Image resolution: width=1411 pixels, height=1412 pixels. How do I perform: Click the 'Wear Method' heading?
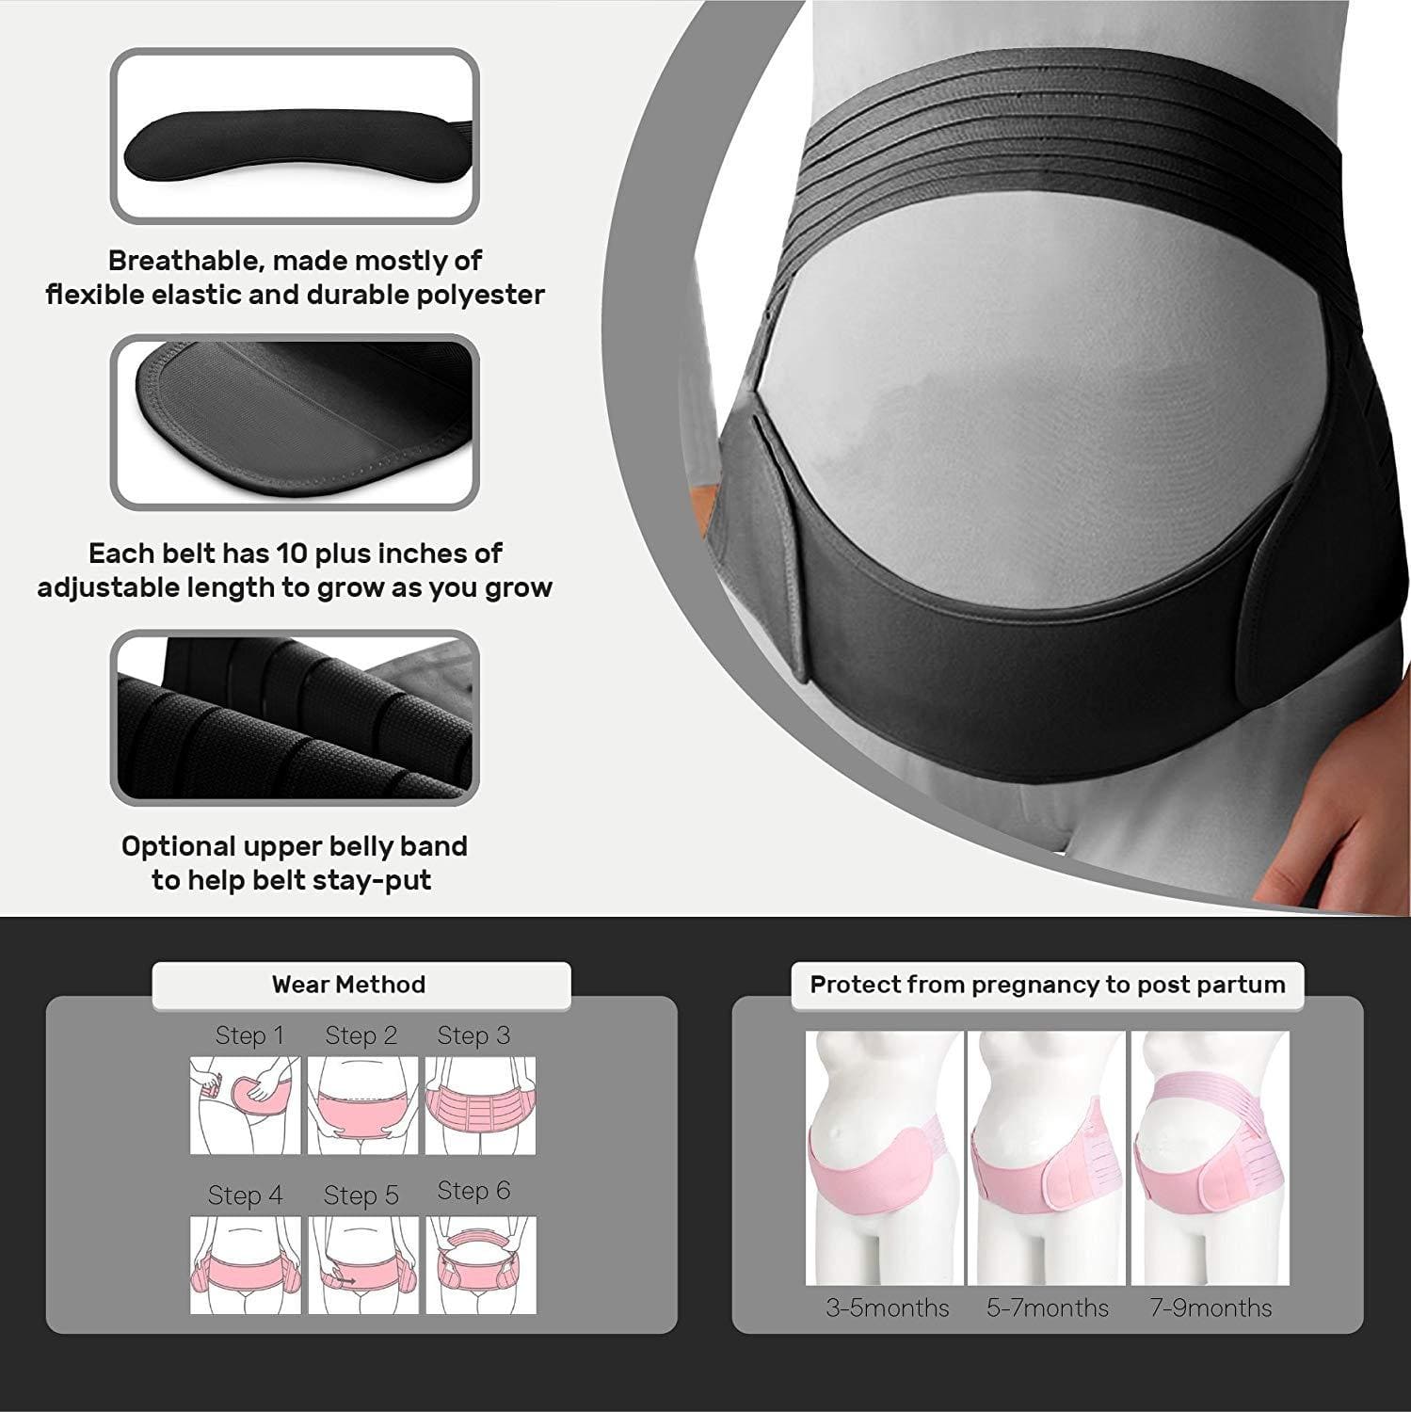pyautogui.click(x=348, y=985)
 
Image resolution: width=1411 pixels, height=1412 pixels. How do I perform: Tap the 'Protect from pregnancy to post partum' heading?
pyautogui.click(x=1047, y=985)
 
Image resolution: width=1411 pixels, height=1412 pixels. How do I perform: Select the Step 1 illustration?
pyautogui.click(x=245, y=1105)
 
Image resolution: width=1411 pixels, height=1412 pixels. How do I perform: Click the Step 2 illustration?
pyautogui.click(x=362, y=1105)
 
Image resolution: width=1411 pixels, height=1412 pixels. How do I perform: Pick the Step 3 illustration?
pyautogui.click(x=480, y=1105)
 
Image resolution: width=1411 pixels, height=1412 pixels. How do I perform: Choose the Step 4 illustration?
pyautogui.click(x=245, y=1264)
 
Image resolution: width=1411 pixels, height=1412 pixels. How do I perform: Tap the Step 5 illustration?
pyautogui.click(x=362, y=1264)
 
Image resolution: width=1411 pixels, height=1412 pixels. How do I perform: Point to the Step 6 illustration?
pyautogui.click(x=480, y=1264)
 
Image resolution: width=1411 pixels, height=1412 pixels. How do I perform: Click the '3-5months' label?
pyautogui.click(x=887, y=1308)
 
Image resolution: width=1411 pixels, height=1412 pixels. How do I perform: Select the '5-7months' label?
pyautogui.click(x=1047, y=1308)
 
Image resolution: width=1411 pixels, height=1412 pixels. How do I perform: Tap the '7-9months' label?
pyautogui.click(x=1211, y=1308)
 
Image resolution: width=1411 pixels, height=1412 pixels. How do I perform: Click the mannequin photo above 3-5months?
pyautogui.click(x=884, y=1158)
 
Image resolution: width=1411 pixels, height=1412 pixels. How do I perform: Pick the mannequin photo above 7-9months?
pyautogui.click(x=1210, y=1158)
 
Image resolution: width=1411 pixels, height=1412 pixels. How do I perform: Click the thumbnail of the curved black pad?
pyautogui.click(x=295, y=136)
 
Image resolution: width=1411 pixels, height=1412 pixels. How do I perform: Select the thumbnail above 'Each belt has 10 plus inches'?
pyautogui.click(x=295, y=423)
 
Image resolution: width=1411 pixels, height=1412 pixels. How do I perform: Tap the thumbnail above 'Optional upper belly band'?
pyautogui.click(x=295, y=718)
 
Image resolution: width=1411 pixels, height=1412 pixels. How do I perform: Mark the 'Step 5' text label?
pyautogui.click(x=361, y=1195)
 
